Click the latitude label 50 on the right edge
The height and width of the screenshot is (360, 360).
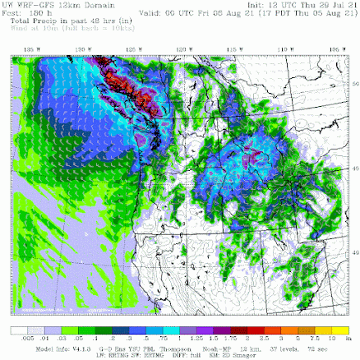click(x=352, y=82)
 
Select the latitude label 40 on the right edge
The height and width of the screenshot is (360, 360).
click(x=352, y=252)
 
